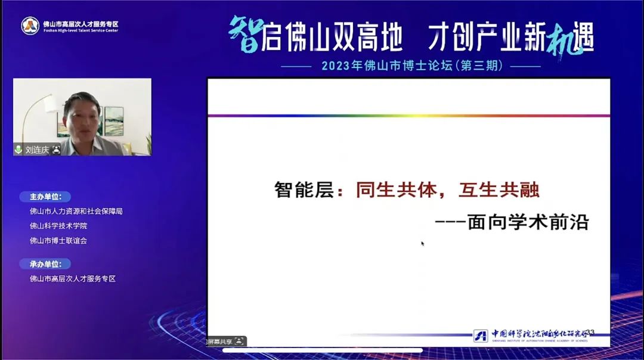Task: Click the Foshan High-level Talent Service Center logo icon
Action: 30,26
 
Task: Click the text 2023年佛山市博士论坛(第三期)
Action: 411,66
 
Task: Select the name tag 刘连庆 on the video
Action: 37,150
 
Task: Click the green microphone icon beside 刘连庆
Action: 18,150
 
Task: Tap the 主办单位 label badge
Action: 45,197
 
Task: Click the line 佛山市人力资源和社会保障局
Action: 76,211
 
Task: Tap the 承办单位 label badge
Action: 45,264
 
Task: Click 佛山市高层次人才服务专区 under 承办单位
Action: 73,278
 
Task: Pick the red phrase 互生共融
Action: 499,190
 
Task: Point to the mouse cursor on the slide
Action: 423,243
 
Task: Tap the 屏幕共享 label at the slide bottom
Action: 219,342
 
